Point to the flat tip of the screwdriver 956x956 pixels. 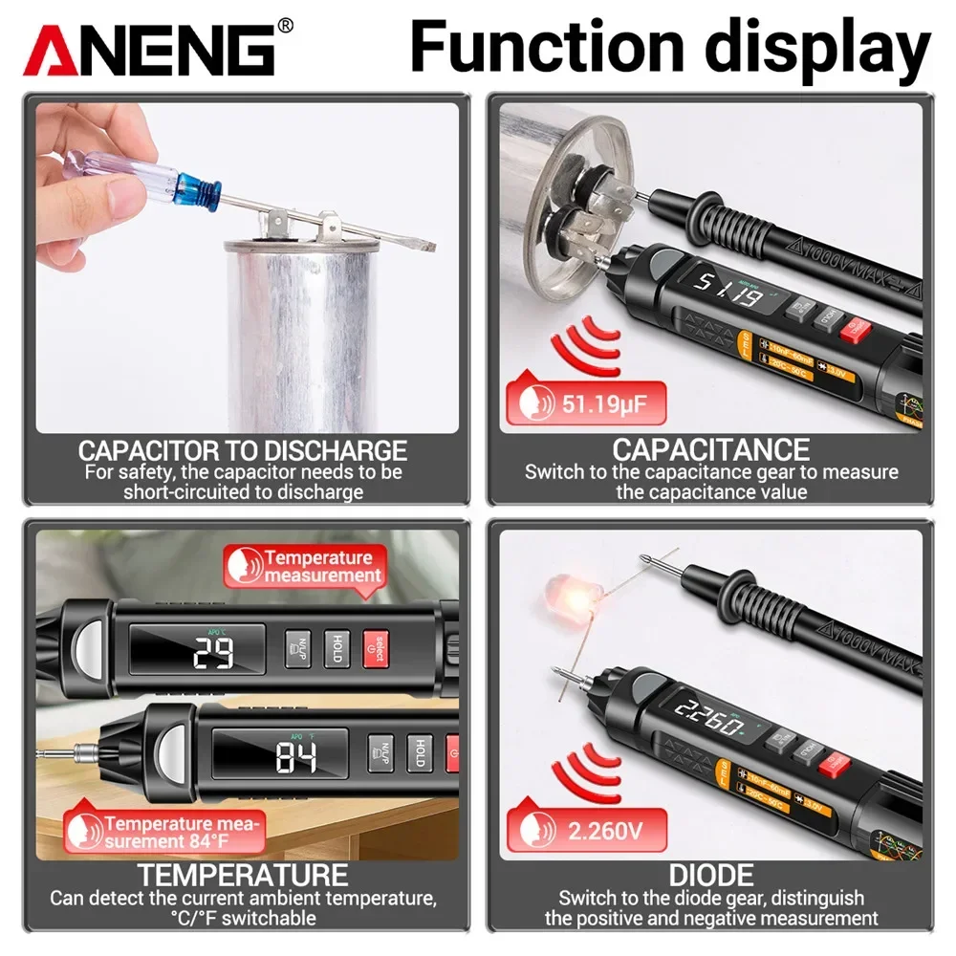click(x=421, y=244)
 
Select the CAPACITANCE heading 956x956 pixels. click(x=710, y=449)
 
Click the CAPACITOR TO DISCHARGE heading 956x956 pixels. click(x=243, y=450)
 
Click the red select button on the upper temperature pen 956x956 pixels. click(x=377, y=645)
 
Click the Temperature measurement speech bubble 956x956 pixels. click(x=306, y=566)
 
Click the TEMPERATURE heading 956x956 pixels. click(x=242, y=874)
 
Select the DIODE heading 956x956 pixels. click(x=710, y=874)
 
